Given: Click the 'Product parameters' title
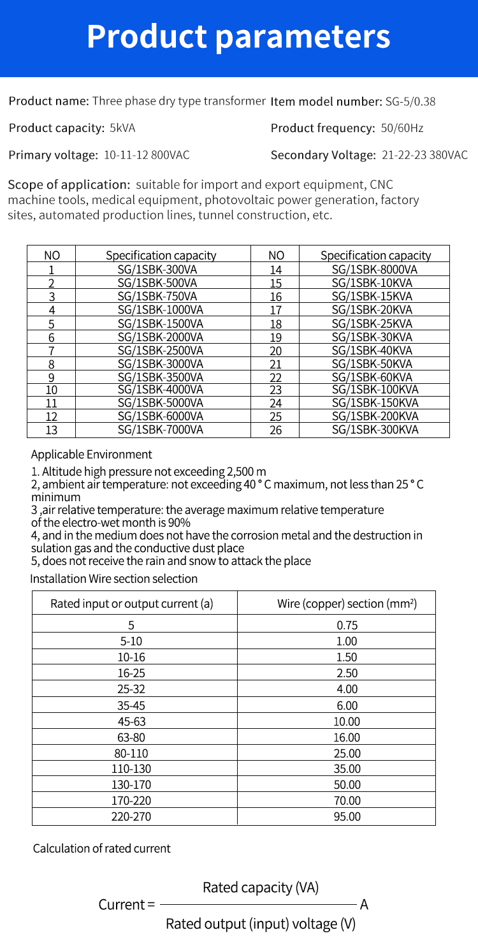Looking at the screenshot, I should tap(238, 36).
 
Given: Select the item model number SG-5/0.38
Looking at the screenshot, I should tap(410, 101).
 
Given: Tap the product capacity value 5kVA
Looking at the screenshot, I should tap(122, 128).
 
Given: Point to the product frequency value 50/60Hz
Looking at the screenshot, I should tap(402, 128).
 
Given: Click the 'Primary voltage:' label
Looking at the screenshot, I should tap(54, 155).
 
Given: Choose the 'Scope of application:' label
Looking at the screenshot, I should tap(69, 185).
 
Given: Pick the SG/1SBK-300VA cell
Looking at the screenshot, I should tap(161, 269).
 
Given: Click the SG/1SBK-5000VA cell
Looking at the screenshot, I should tap(161, 402).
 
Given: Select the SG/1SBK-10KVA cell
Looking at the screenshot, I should tap(375, 282).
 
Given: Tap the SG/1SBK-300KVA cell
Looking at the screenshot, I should tap(375, 429).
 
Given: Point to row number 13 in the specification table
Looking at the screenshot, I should tap(52, 430).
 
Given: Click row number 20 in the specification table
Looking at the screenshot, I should tap(275, 351).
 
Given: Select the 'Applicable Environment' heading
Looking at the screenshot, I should tap(91, 455).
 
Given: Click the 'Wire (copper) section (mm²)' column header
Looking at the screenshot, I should tap(347, 603).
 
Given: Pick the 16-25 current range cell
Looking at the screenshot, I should tap(131, 673).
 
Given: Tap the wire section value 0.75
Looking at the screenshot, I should tap(347, 626).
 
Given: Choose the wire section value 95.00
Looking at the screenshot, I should tap(347, 816).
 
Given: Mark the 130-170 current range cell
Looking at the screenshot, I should tap(131, 785).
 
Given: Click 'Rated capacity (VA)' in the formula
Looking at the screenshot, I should tap(261, 887).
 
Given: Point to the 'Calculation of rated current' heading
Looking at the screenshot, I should tap(102, 849).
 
